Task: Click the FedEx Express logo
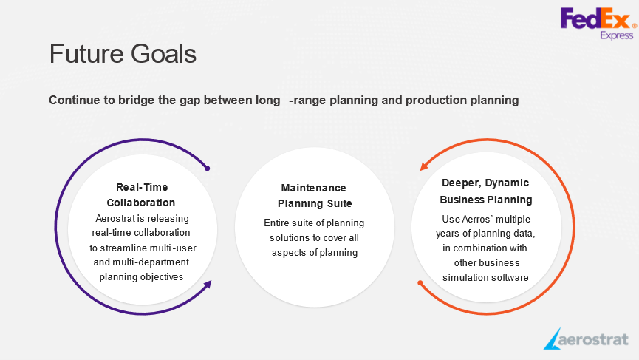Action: click(598, 24)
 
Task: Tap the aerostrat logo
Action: click(586, 339)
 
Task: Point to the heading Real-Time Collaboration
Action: click(141, 195)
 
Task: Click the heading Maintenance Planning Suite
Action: click(314, 196)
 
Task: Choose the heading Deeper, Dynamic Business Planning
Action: click(486, 191)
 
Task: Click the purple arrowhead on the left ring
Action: click(208, 284)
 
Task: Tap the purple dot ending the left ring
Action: click(207, 169)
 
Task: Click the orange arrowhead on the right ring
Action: click(424, 166)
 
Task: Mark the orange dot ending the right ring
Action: click(420, 283)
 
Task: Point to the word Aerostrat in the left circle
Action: click(115, 219)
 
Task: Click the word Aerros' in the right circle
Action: click(476, 220)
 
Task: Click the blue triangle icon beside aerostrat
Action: click(552, 339)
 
